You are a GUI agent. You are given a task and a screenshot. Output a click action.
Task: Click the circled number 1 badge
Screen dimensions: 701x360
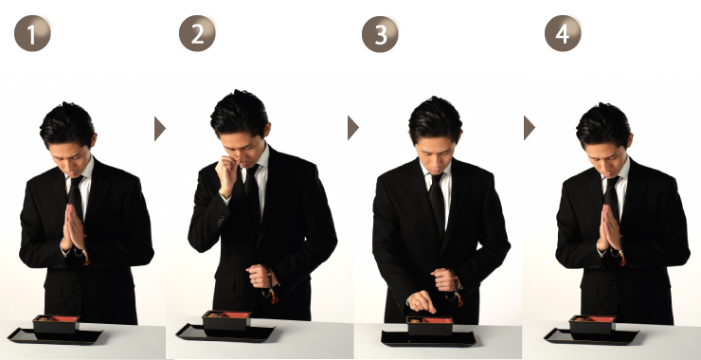click(x=32, y=33)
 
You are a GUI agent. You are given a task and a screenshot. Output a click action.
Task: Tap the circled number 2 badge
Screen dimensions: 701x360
click(x=197, y=33)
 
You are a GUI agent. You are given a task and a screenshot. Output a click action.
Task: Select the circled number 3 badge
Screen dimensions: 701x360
click(x=380, y=34)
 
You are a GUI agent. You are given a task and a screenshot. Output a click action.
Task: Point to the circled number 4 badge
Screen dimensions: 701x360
click(x=563, y=33)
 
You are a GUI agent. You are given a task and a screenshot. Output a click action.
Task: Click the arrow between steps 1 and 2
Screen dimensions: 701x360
click(x=159, y=129)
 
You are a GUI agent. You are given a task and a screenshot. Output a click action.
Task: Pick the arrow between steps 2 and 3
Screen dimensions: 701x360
click(x=352, y=128)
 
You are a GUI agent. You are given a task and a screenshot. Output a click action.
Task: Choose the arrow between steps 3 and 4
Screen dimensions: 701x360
click(x=530, y=128)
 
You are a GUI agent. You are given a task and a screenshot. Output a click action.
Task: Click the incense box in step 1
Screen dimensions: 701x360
click(x=56, y=324)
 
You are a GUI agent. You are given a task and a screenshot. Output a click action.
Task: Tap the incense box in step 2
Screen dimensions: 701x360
click(x=226, y=320)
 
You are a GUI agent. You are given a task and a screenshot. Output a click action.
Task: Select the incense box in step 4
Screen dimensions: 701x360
click(x=592, y=324)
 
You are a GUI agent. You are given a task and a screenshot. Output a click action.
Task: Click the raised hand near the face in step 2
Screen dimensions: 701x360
click(x=226, y=172)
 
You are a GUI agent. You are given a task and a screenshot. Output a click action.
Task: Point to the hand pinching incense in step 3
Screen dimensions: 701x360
click(x=422, y=301)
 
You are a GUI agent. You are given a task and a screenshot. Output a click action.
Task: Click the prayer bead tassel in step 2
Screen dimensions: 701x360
click(x=272, y=296)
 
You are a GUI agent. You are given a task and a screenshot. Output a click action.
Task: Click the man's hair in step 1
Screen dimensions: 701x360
click(x=67, y=124)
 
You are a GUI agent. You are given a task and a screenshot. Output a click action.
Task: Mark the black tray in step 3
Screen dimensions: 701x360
click(x=429, y=338)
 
